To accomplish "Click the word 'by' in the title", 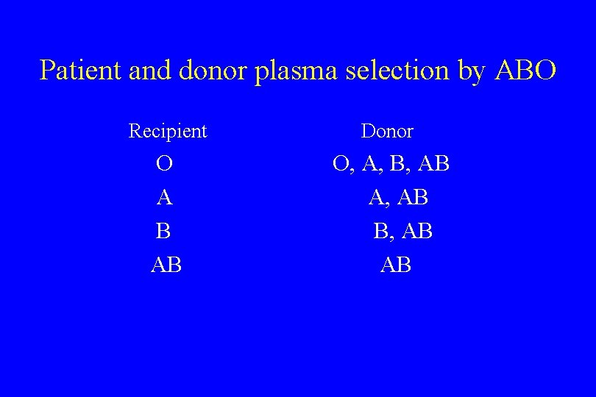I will click(470, 72).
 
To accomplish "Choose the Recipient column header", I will click(168, 132).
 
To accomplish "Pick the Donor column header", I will click(387, 132).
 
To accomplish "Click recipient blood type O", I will click(165, 164).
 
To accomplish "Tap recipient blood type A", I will click(165, 198).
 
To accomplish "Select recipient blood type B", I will click(163, 232).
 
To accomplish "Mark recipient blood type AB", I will click(166, 265).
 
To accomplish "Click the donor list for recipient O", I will click(391, 165).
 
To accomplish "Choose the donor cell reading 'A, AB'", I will click(398, 198).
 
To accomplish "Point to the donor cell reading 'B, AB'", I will click(402, 232).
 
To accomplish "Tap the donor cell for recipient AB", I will click(396, 265).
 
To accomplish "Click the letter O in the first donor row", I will click(341, 164).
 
